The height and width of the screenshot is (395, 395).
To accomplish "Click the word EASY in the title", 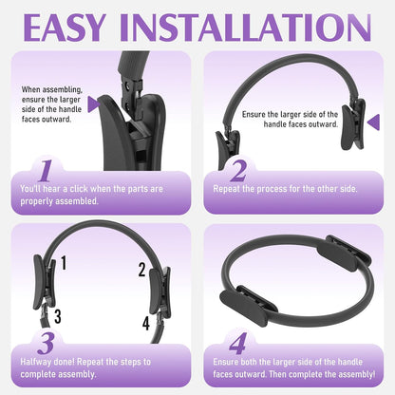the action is point(64,28).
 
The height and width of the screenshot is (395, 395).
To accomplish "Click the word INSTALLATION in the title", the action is point(246,28).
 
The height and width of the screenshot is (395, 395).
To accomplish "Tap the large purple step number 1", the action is point(47,171).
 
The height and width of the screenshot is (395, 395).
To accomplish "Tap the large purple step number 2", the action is point(238,171).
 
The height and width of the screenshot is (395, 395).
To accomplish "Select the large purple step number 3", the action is point(47,344).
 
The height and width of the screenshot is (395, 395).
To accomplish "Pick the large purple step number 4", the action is point(237,344).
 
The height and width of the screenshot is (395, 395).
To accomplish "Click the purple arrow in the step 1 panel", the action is point(93,104).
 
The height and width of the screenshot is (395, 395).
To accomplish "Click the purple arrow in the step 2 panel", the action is point(374,122).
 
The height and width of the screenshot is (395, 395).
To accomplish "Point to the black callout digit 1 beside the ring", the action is point(64,263).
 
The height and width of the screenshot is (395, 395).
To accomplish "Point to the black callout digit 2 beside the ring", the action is point(142,270).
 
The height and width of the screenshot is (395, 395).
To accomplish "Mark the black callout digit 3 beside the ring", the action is point(58,316).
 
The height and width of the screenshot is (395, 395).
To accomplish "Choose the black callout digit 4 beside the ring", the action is point(145,323).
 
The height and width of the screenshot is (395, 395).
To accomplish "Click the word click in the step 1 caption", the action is point(79,189).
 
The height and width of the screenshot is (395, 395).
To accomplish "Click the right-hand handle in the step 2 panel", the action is point(353,124).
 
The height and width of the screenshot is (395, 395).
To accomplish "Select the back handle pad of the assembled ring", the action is point(344,255).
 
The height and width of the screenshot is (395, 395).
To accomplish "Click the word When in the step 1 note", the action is point(30,89).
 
